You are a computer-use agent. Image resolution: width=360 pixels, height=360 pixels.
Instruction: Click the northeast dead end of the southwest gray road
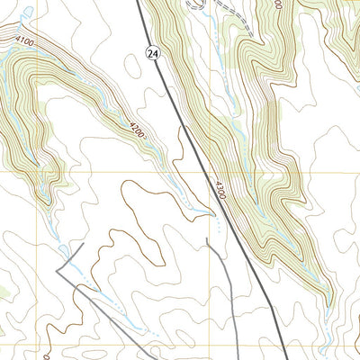(84, 242)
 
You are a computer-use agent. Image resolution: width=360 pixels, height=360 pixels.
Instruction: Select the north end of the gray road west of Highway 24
(208, 239)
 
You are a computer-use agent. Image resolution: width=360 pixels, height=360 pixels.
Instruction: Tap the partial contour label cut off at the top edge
(278, 4)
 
